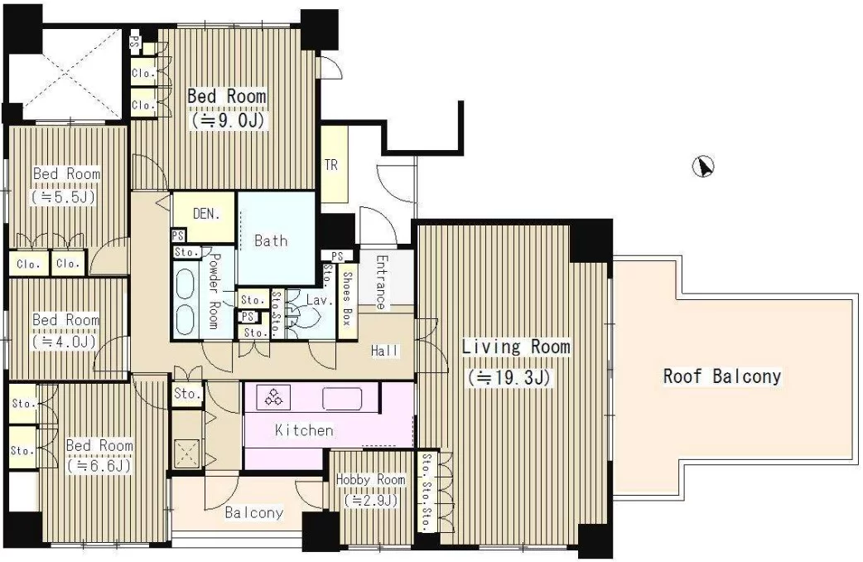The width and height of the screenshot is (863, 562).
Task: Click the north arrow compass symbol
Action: [704, 167]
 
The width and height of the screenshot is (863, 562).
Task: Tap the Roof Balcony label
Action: [721, 377]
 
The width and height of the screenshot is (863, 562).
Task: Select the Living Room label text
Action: [516, 346]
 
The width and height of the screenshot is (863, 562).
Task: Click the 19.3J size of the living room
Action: [509, 377]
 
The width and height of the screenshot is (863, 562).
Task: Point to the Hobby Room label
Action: [370, 480]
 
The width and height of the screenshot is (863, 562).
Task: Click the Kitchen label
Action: [304, 429]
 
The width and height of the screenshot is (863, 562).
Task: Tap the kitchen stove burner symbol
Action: [273, 397]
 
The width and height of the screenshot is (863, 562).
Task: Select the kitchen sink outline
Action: [342, 398]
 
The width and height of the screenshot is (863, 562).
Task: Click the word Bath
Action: [271, 240]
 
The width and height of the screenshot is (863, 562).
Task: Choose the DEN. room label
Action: [207, 214]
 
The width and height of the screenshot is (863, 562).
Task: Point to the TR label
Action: [330, 165]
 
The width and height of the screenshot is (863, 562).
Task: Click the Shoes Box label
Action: [347, 298]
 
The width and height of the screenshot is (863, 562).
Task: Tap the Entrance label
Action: [380, 282]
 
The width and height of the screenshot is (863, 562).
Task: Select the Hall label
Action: [385, 351]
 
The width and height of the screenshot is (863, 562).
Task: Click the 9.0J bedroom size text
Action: [228, 120]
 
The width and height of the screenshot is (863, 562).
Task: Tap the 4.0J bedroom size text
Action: [64, 342]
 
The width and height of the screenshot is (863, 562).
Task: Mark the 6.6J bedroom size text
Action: [99, 466]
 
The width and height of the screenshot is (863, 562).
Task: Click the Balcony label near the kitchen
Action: [253, 513]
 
